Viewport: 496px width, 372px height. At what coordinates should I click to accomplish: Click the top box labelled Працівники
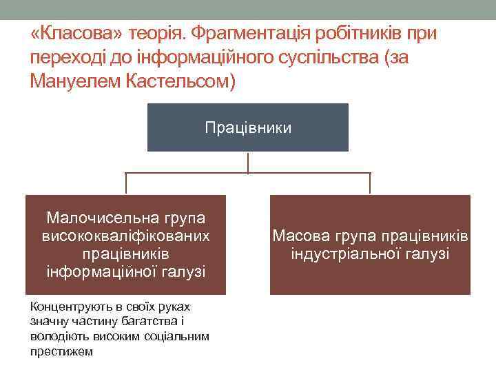click(x=248, y=127)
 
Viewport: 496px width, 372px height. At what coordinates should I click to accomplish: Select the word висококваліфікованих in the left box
click(x=126, y=236)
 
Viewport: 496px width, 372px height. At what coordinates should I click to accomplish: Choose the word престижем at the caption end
click(x=61, y=351)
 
